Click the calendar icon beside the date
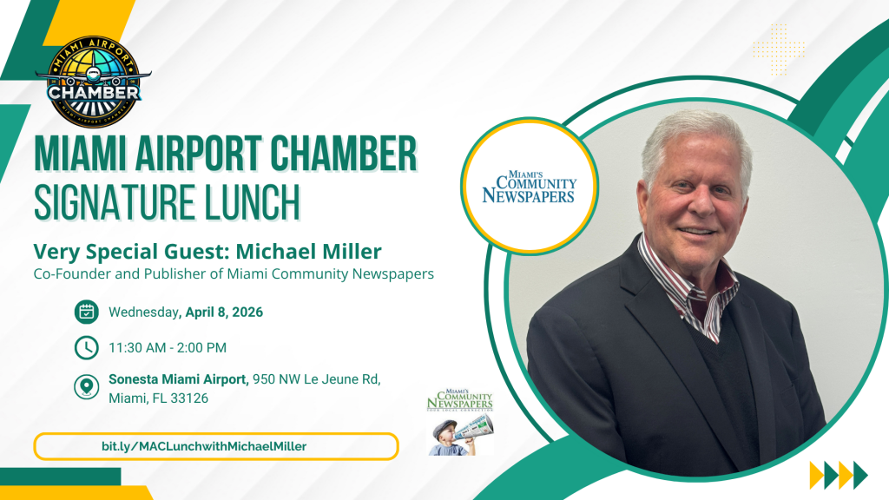(x=86, y=312)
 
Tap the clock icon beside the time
(x=86, y=348)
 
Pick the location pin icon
(x=86, y=386)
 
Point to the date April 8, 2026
(x=223, y=312)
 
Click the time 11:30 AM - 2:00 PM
(x=168, y=348)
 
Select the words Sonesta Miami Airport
(x=178, y=379)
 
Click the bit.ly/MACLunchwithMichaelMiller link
(x=204, y=446)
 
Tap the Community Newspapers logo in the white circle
(x=529, y=187)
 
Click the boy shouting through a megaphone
(x=449, y=434)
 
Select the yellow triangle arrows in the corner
(x=838, y=475)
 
